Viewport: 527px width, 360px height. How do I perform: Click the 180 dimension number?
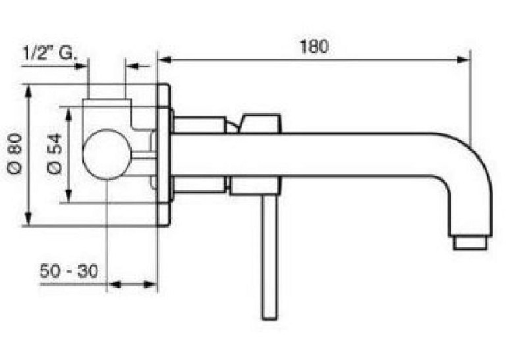click(x=314, y=47)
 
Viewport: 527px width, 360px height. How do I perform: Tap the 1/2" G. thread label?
click(x=50, y=53)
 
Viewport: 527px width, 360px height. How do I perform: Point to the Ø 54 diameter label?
click(x=55, y=154)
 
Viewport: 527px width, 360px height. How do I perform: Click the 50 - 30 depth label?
click(x=69, y=270)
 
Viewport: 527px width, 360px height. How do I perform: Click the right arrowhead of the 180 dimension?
click(x=462, y=60)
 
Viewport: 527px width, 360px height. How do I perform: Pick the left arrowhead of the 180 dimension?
click(x=165, y=60)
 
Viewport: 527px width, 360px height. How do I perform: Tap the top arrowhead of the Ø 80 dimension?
click(x=28, y=91)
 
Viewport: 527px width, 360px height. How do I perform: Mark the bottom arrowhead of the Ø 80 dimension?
click(x=28, y=219)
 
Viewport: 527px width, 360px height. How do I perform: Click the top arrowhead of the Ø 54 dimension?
click(x=69, y=114)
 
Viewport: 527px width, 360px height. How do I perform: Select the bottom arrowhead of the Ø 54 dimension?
click(x=69, y=195)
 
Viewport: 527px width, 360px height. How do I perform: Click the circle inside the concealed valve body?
click(x=107, y=154)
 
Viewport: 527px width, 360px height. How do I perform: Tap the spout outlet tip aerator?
click(x=470, y=243)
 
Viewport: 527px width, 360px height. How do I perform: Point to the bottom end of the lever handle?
click(x=270, y=319)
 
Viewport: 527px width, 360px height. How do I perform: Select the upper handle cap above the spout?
click(x=260, y=123)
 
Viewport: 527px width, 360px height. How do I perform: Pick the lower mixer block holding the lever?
click(x=255, y=186)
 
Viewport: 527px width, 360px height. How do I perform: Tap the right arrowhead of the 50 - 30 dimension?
click(x=151, y=284)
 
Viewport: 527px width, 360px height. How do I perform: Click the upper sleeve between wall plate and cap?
click(x=200, y=124)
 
